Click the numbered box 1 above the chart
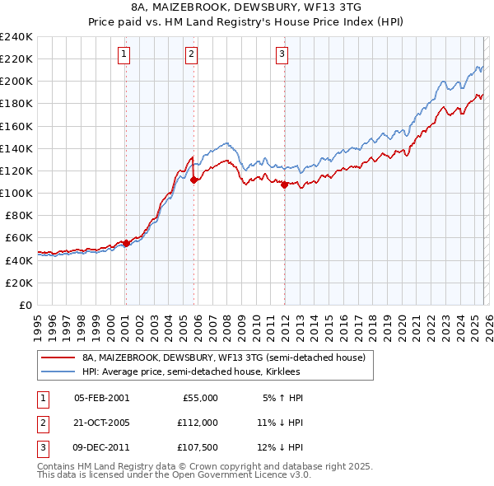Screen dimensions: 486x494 [x=123, y=55]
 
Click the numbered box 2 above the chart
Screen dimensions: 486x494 [x=191, y=55]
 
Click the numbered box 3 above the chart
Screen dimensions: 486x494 [x=282, y=55]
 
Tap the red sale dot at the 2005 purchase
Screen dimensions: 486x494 [x=193, y=180]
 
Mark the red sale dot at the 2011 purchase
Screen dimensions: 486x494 [x=284, y=185]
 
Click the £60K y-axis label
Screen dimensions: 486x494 [x=18, y=238]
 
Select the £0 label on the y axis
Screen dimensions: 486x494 [x=25, y=305]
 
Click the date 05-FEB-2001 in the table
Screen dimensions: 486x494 [x=101, y=398]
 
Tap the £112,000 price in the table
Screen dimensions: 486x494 [x=197, y=422]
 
